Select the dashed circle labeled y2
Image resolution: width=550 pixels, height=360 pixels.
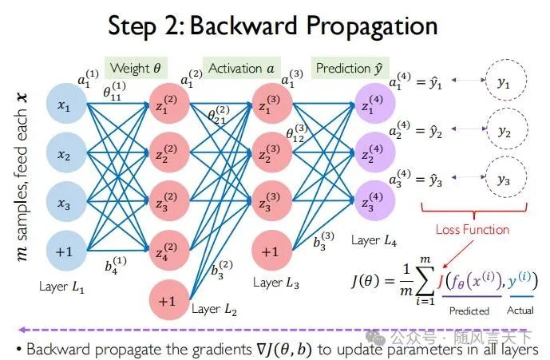point(503,131)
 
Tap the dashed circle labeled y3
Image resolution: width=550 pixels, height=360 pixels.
point(503,180)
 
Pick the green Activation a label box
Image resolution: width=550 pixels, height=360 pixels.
point(240,68)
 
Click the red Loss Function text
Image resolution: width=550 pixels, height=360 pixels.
point(472,229)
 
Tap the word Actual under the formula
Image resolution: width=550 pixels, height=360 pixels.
point(520,311)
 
